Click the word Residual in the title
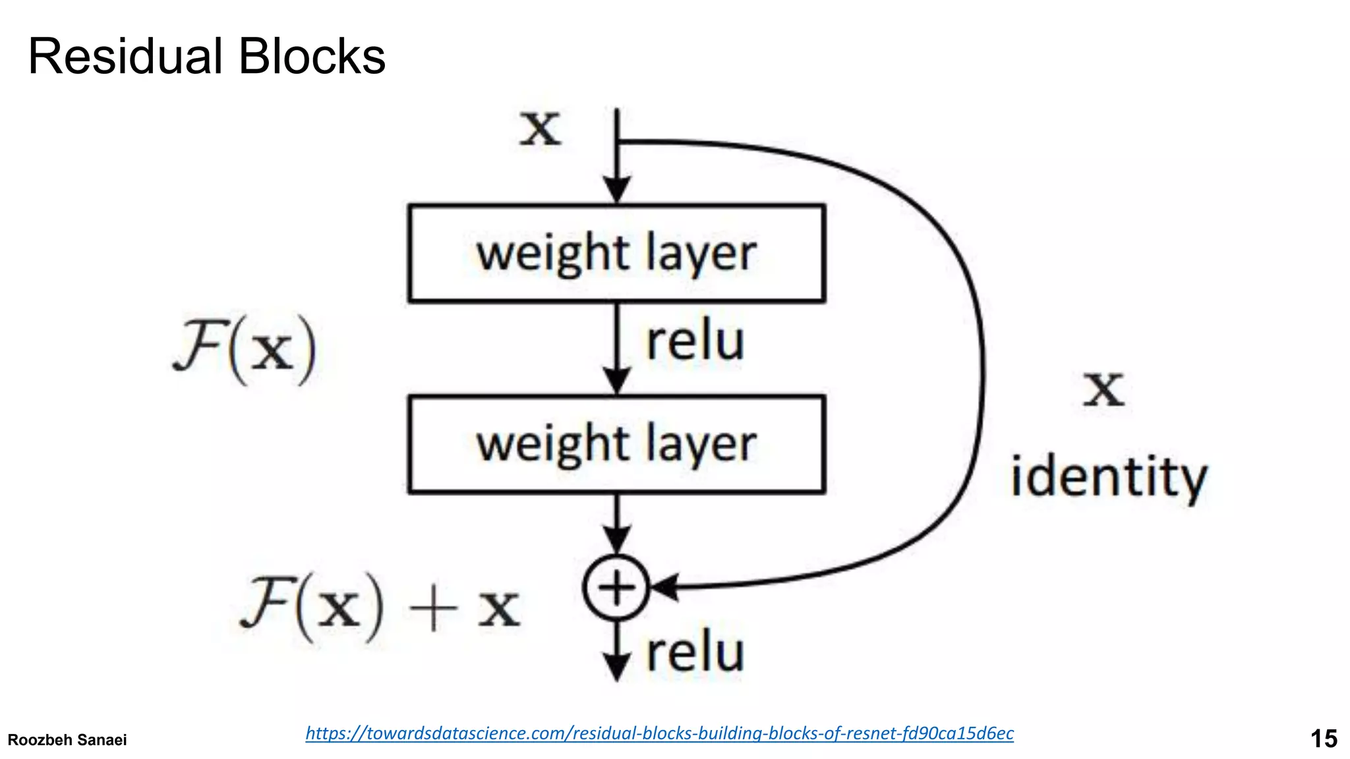point(125,57)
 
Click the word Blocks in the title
point(312,57)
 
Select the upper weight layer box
point(616,254)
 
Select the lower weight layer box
point(616,444)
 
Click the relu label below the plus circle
point(695,652)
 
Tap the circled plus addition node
point(616,588)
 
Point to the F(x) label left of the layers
point(245,349)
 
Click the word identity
point(1109,478)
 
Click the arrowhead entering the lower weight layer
point(617,381)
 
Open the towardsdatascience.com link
point(659,733)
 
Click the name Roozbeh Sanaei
point(67,740)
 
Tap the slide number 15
point(1323,739)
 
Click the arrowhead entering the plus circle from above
point(617,540)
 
